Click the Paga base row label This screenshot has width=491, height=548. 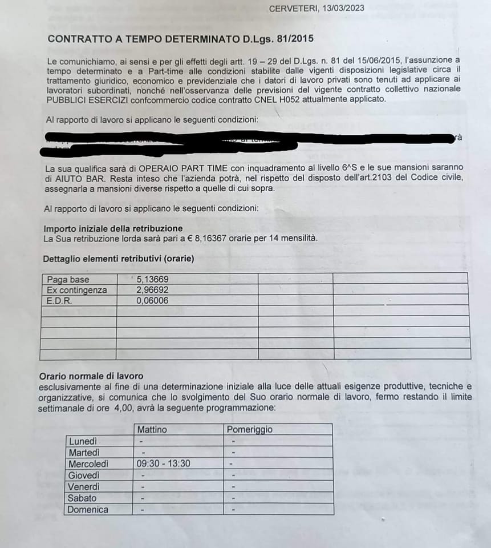(x=68, y=280)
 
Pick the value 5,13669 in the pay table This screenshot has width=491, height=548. (x=153, y=280)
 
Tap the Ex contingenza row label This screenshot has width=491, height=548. (x=76, y=290)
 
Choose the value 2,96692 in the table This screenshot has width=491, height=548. (x=153, y=290)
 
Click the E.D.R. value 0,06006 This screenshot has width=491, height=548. (x=153, y=300)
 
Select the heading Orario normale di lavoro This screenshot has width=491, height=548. (x=91, y=376)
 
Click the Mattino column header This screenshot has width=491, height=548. (x=152, y=429)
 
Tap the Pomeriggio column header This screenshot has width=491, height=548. (x=249, y=429)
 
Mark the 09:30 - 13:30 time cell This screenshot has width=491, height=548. (x=163, y=464)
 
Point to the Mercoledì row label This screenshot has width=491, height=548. (x=88, y=464)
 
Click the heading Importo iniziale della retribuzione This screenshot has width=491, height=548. (x=113, y=228)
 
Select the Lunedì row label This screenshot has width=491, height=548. (x=82, y=441)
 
